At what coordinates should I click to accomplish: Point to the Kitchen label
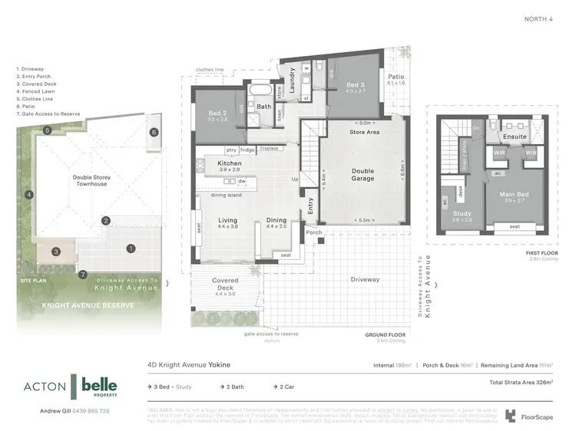[230, 163]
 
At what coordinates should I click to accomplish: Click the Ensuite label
[515, 137]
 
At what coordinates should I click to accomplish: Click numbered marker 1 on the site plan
[131, 248]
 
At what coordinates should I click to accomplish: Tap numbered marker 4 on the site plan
[28, 195]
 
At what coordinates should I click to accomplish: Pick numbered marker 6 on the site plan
[154, 133]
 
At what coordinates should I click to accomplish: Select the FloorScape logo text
[535, 417]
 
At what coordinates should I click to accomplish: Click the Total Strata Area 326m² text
[521, 381]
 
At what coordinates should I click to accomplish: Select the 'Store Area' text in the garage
[365, 132]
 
